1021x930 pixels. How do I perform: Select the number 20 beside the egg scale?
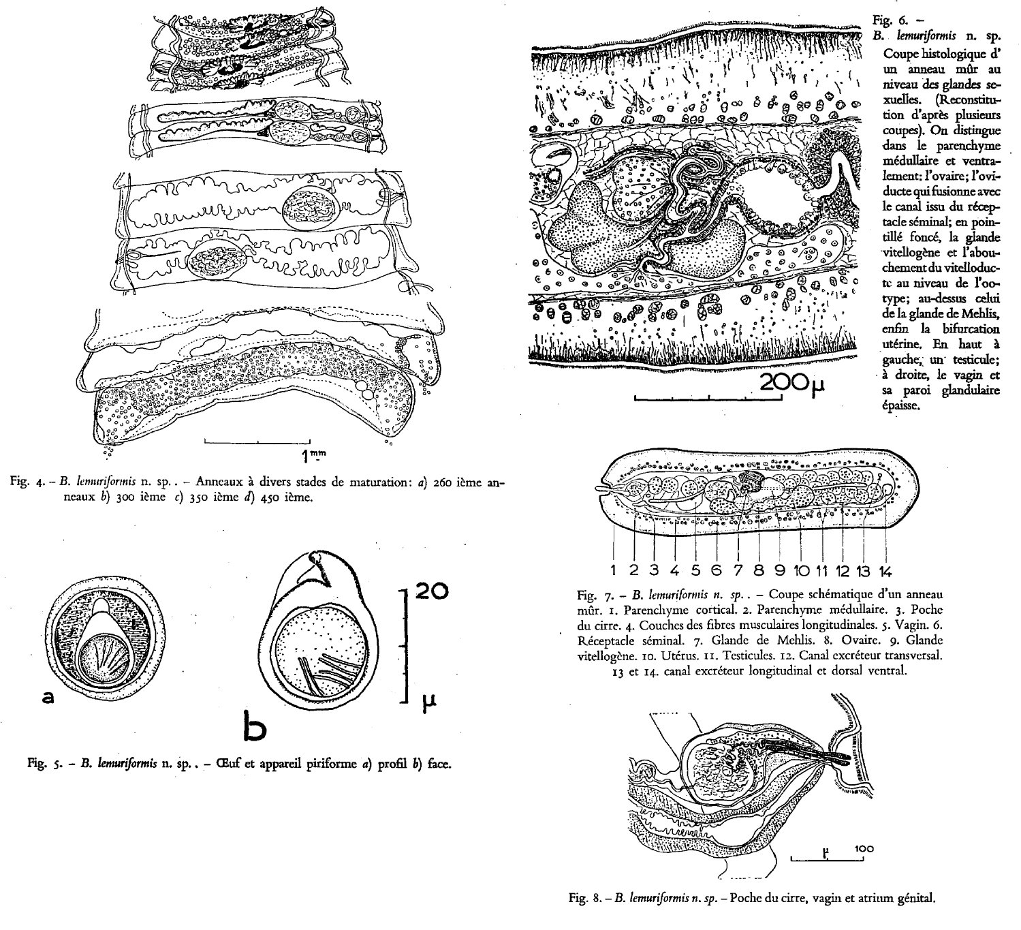pyautogui.click(x=432, y=591)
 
